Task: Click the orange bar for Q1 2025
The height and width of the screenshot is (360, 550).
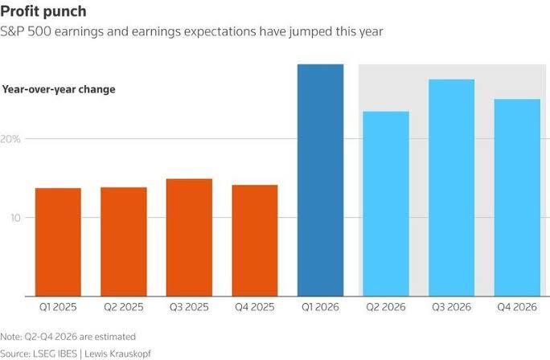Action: (x=58, y=242)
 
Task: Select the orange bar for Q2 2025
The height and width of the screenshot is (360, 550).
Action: (x=124, y=242)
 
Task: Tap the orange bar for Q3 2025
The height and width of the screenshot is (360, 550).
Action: (x=189, y=237)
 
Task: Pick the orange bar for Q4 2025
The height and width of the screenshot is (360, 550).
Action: (x=255, y=240)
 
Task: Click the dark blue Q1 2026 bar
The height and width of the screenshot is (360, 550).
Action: (x=320, y=180)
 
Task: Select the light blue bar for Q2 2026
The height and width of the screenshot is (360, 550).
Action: (x=386, y=203)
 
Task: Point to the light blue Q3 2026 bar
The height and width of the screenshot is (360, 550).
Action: (x=451, y=188)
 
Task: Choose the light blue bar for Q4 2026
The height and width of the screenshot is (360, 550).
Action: (x=517, y=198)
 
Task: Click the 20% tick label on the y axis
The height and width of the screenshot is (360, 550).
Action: (x=10, y=139)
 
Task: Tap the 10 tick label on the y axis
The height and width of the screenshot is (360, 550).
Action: (x=15, y=218)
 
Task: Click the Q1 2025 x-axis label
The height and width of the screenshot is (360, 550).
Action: (x=58, y=307)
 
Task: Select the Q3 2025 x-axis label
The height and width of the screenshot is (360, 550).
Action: (x=189, y=307)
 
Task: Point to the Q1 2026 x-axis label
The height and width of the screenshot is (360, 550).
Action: (x=320, y=307)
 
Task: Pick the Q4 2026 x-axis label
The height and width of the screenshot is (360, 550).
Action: (x=517, y=307)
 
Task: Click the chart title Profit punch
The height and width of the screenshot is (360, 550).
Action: (x=43, y=11)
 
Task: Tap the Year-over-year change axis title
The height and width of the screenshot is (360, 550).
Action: (x=59, y=89)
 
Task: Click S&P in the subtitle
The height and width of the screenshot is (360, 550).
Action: (x=12, y=31)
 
